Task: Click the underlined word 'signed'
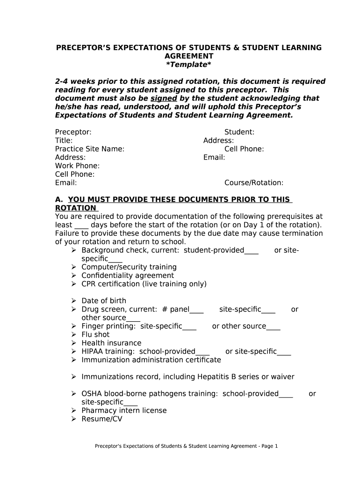pos(164,98)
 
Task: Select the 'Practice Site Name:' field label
pos(90,149)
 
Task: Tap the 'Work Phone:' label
pos(77,166)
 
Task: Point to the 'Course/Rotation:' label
pos(254,183)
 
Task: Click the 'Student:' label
pos(239,132)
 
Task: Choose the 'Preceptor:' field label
pos(73,132)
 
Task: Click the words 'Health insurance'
pos(111,343)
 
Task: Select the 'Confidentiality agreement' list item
pos(128,276)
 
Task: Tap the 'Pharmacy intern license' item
pos(124,411)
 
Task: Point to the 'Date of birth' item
pos(104,301)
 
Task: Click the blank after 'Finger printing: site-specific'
pos(189,327)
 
